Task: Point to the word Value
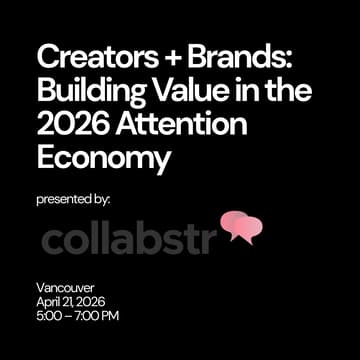(184, 89)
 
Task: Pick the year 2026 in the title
(70, 125)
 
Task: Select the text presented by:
(73, 199)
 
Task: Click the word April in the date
(48, 302)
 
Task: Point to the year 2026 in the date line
(95, 302)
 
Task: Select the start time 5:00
(48, 317)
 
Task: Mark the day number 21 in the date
(68, 302)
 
